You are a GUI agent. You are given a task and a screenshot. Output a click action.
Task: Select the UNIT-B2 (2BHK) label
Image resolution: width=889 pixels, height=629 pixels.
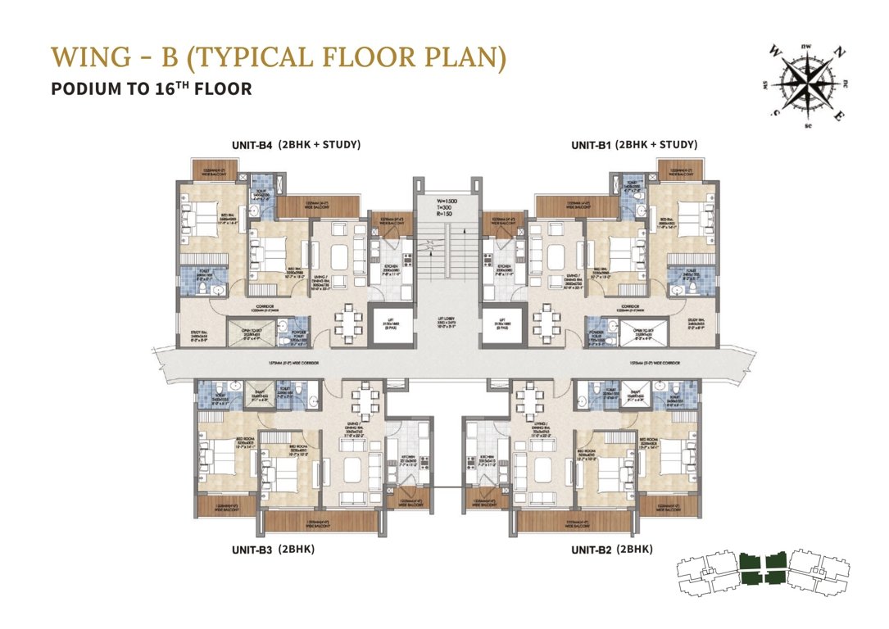coord(611,550)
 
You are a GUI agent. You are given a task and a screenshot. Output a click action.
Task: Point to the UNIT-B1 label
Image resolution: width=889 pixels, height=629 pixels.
coord(591,146)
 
